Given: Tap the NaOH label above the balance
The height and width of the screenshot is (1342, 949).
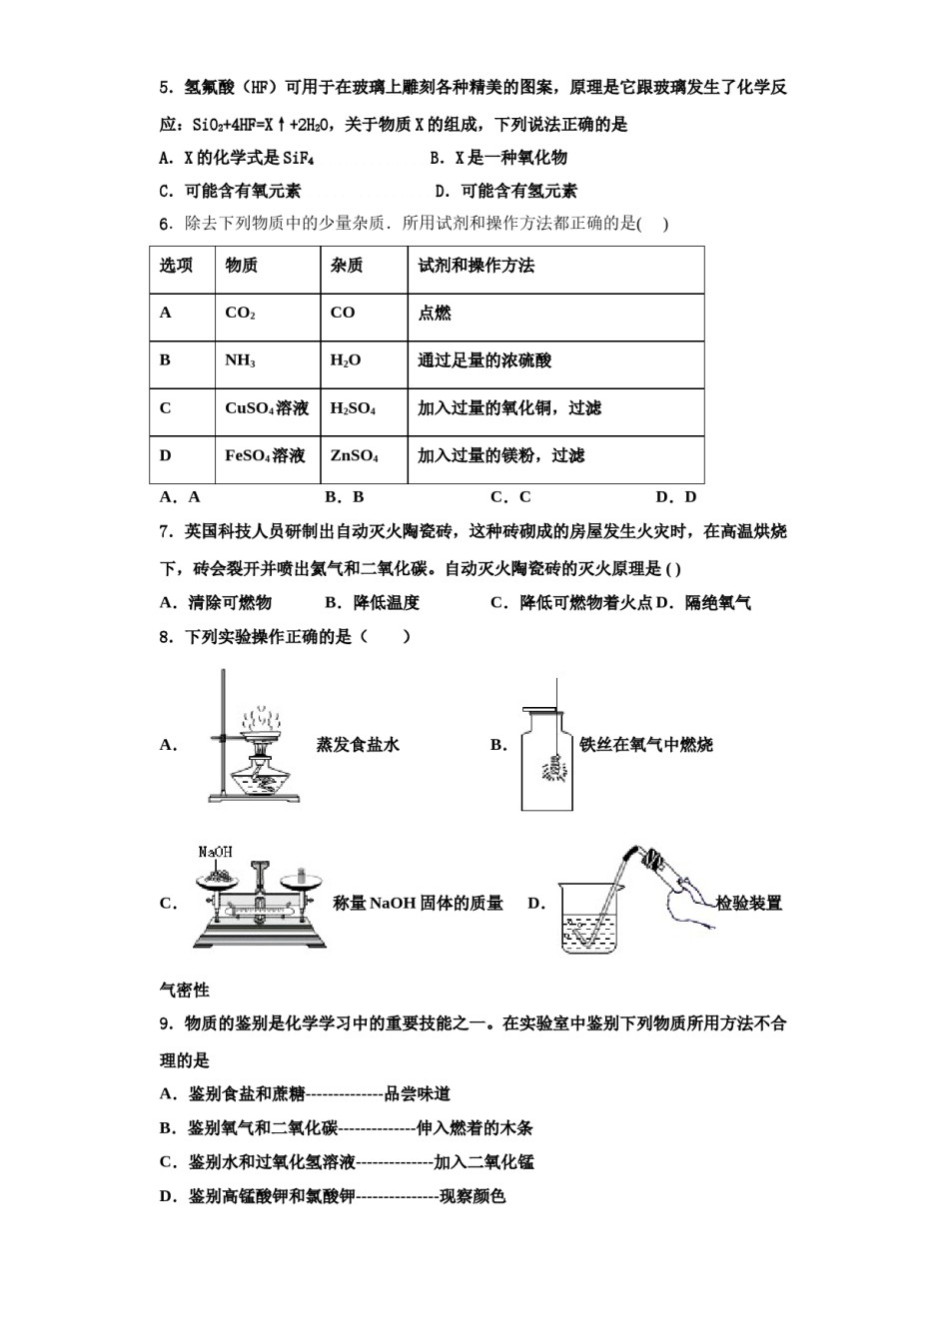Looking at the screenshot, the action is (x=215, y=852).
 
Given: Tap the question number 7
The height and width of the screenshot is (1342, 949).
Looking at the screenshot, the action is (x=165, y=532).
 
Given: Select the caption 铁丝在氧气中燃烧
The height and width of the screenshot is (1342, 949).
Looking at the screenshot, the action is (x=646, y=745).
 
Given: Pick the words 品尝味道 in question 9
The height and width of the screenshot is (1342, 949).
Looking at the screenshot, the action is (x=418, y=1094).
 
